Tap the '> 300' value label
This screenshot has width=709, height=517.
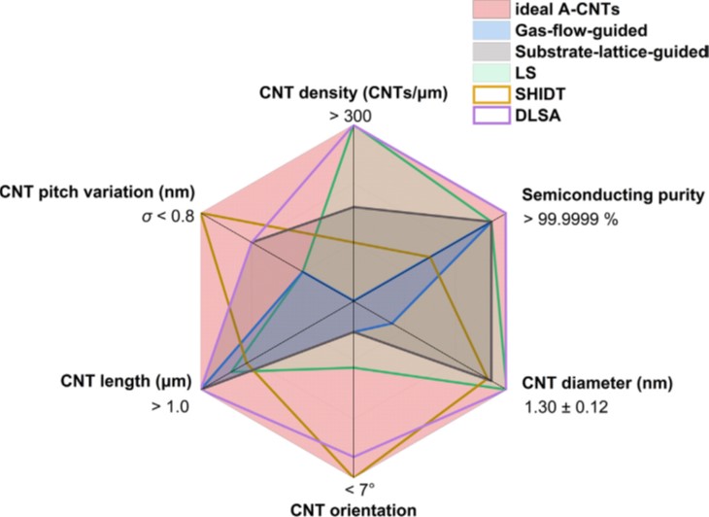click(x=354, y=117)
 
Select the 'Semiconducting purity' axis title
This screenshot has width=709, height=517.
click(x=613, y=194)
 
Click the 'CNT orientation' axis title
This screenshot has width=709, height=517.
click(x=353, y=507)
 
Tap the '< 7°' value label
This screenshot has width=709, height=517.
click(x=354, y=486)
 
